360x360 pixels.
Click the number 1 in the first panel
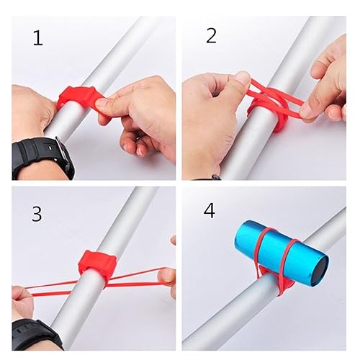[x=37, y=37]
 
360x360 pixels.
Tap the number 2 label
[x=210, y=35]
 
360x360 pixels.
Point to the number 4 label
[x=209, y=211]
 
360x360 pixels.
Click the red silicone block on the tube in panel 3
[x=96, y=265]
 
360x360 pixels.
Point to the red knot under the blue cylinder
[x=278, y=285]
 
